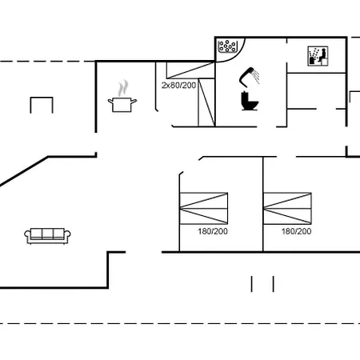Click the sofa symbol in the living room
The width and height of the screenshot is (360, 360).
click(x=47, y=236)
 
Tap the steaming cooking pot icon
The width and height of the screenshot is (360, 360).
click(x=122, y=96)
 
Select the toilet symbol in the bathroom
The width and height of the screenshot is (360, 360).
click(x=250, y=101)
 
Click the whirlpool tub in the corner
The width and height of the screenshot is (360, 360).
click(x=227, y=46)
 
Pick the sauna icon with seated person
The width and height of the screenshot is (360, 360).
click(x=318, y=56)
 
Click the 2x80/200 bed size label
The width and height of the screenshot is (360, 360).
click(x=178, y=86)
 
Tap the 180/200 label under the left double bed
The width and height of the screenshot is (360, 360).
click(x=213, y=231)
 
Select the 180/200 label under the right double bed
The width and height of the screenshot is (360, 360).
click(x=296, y=231)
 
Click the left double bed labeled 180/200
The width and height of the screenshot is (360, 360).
click(x=204, y=208)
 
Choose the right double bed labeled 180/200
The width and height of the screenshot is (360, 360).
click(x=287, y=208)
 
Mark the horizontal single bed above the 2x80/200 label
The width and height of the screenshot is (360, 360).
click(x=190, y=70)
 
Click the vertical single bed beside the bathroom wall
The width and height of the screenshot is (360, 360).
click(x=206, y=102)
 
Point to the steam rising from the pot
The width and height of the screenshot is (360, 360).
click(x=123, y=88)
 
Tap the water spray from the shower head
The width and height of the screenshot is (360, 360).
click(x=256, y=76)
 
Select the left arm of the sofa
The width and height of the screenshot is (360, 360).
click(x=27, y=235)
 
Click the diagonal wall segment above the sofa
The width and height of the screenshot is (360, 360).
click(x=24, y=171)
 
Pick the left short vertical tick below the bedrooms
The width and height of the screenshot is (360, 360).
click(x=251, y=284)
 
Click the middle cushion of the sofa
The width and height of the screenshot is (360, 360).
click(x=47, y=234)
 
